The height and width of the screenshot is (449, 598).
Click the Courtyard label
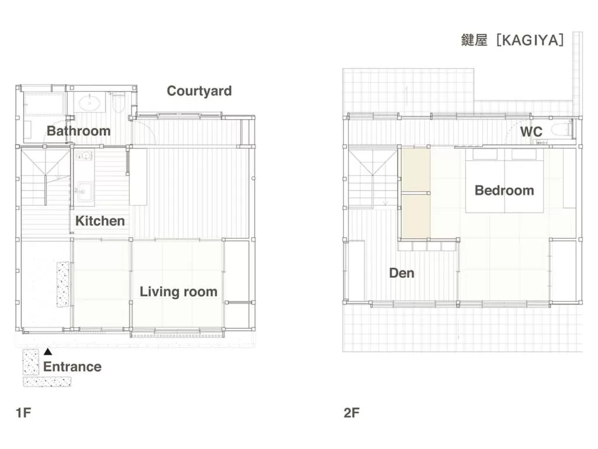[x=199, y=91]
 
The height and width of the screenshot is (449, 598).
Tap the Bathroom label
[x=78, y=130]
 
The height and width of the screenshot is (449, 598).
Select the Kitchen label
[x=100, y=221]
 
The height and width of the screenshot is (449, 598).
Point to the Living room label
[x=178, y=292]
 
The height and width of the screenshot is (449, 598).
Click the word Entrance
[x=72, y=367]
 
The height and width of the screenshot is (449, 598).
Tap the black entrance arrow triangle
[x=48, y=352]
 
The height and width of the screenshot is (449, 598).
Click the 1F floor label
[x=23, y=413]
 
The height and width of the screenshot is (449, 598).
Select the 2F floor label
[x=352, y=413]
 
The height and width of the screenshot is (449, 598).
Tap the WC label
[x=531, y=132]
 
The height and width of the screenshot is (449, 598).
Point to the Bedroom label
[x=504, y=191]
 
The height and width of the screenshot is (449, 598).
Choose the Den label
[x=401, y=273]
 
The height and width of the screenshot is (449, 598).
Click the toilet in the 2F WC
[x=562, y=130]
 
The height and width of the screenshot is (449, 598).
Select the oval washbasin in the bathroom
[x=89, y=103]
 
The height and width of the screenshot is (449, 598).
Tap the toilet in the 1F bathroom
[x=119, y=103]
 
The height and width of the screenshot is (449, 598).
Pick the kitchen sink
[x=83, y=191]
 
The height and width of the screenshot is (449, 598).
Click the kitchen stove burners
[x=82, y=157]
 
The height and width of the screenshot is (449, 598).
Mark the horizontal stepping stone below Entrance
[x=47, y=382]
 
